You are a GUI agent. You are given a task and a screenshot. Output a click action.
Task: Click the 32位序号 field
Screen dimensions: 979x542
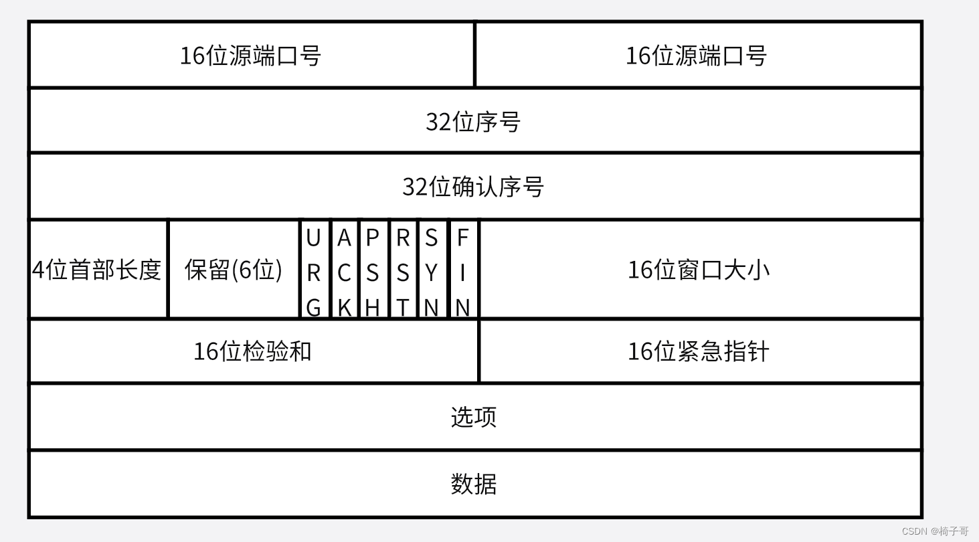[474, 122]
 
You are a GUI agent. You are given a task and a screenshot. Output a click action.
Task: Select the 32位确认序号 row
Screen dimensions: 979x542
[474, 187]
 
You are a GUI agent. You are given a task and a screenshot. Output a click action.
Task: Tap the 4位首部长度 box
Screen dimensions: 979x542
[98, 270]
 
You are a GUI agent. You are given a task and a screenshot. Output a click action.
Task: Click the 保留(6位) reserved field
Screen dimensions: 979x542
[234, 270]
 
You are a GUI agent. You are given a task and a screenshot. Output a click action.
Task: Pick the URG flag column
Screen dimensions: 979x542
[314, 270]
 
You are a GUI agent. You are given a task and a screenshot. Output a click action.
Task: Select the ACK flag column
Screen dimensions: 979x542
[344, 270]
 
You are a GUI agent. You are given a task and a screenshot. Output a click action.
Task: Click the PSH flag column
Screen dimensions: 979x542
[373, 270]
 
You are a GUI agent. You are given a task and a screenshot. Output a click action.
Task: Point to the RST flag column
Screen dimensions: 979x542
[403, 270]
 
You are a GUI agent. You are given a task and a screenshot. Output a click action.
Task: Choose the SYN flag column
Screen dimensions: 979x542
[432, 270]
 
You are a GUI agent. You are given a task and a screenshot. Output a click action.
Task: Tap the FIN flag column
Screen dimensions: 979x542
[463, 270]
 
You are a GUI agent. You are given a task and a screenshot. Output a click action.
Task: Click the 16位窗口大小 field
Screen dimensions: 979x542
[699, 270]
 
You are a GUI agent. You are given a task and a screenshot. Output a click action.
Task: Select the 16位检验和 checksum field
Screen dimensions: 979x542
[253, 351]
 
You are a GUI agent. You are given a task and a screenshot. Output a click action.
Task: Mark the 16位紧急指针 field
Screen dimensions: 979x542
[699, 351]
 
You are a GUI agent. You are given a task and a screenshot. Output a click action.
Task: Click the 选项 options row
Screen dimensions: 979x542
[474, 417]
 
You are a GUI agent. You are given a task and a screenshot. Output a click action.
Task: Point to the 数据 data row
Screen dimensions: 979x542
[474, 484]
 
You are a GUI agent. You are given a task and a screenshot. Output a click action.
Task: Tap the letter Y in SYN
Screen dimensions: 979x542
[432, 273]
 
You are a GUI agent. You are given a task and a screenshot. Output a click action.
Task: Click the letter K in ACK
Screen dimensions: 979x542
[344, 308]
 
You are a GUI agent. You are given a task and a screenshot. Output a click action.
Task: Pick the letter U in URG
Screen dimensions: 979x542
[313, 238]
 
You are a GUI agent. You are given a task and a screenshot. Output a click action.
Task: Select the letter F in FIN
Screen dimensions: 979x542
[463, 238]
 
